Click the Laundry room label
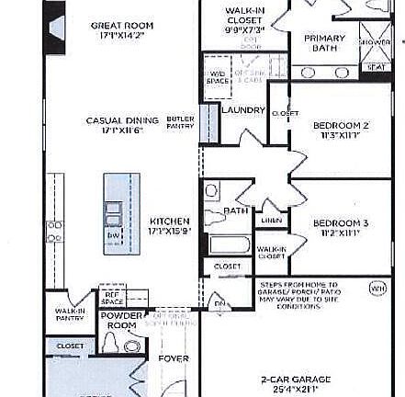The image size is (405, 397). pos(243,110)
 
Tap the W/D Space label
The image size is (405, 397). pos(218,77)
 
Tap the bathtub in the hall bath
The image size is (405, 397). pos(230,245)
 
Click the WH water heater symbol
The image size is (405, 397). pos(377,288)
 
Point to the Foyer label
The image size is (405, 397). pos(173,358)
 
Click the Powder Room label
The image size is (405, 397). pos(121,320)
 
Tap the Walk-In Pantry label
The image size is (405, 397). pos(70,313)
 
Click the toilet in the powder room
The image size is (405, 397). pos(132,346)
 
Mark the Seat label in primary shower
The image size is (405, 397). pos(375,66)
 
